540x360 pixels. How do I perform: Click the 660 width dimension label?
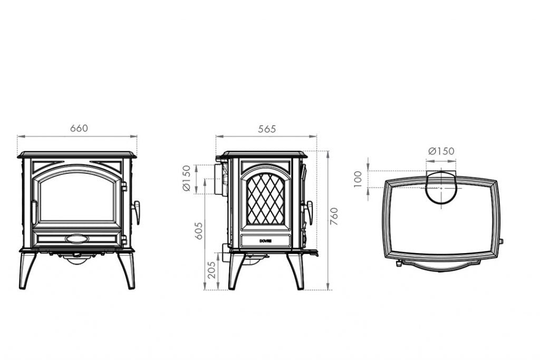coord(79,128)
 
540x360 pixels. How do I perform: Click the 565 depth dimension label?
coord(267,129)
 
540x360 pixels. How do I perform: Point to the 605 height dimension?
coord(199,230)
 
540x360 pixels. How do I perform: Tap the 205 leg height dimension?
coord(211,269)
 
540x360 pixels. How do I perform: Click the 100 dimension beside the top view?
coord(359,178)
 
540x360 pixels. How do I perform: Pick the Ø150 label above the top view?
coord(441,151)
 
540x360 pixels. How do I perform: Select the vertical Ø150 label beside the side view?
coord(186,178)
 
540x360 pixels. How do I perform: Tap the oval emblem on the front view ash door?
coord(77,239)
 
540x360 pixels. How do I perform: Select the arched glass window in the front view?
coord(77,196)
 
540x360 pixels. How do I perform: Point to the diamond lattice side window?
coord(265,199)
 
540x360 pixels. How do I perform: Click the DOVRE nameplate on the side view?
coord(265,241)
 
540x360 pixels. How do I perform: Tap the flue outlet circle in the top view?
coord(441,188)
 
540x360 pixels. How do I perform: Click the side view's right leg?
coord(296,271)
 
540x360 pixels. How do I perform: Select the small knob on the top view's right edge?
coord(500,241)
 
